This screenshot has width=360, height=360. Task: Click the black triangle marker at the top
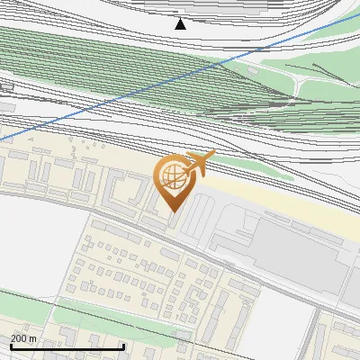pyautogui.click(x=181, y=23)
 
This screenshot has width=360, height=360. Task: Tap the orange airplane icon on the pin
pyautogui.click(x=198, y=163)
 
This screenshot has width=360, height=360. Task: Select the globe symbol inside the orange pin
pyautogui.click(x=173, y=177)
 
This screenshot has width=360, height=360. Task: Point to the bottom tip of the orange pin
pyautogui.click(x=173, y=211)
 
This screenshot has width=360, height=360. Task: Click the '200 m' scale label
pyautogui.click(x=24, y=337)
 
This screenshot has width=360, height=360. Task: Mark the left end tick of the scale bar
pyautogui.click(x=11, y=346)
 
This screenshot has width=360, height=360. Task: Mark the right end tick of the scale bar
pyautogui.click(x=123, y=346)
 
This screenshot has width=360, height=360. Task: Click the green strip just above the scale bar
pyautogui.click(x=90, y=315)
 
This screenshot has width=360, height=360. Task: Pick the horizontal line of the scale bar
pyautogui.click(x=67, y=347)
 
